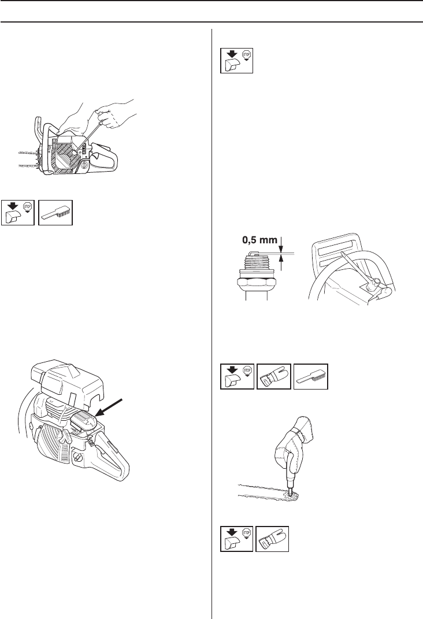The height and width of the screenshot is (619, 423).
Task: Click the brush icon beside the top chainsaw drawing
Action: pos(56,212)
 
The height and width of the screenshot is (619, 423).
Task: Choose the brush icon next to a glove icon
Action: pos(310,378)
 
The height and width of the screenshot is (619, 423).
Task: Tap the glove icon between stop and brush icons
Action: pos(273,378)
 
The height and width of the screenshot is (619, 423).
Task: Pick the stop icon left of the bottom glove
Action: pos(237,540)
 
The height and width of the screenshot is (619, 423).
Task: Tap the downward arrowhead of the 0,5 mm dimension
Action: pos(281,248)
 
